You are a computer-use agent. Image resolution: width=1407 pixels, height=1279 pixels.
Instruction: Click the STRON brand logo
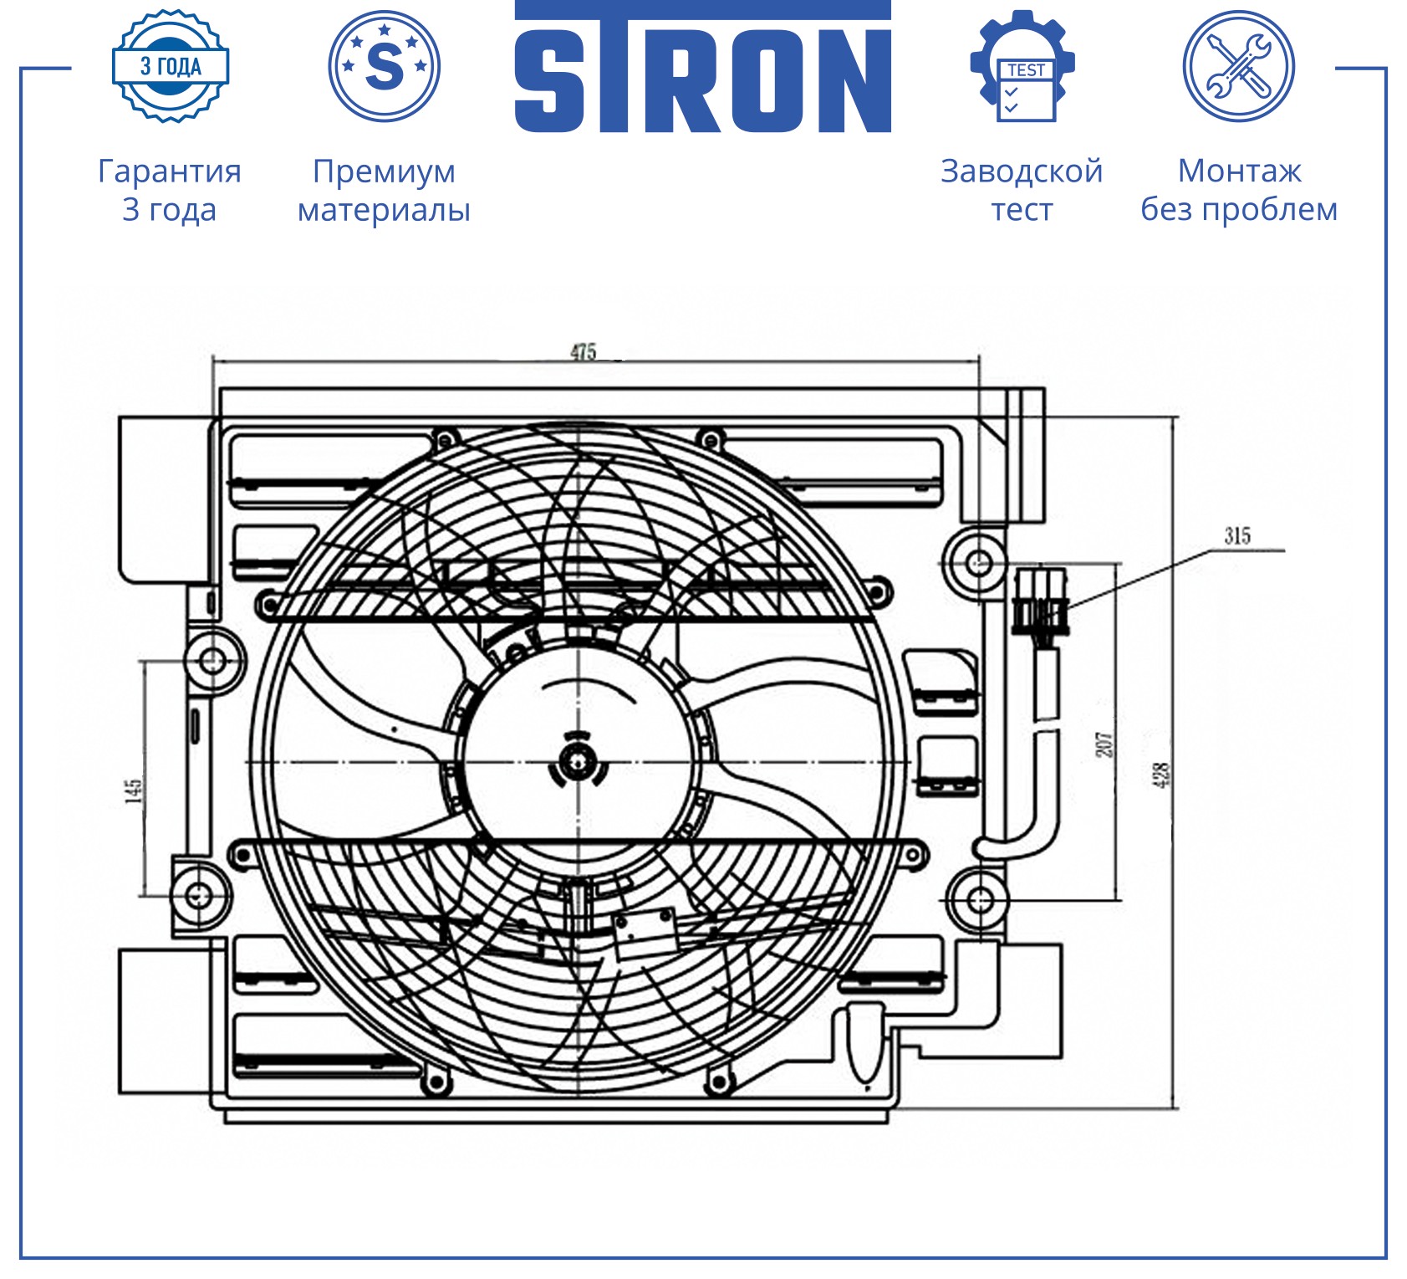pyautogui.click(x=702, y=67)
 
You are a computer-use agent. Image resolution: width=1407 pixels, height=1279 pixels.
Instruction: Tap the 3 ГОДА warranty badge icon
pyautogui.click(x=171, y=66)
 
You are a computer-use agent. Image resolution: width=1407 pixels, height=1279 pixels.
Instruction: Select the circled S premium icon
pyautogui.click(x=385, y=66)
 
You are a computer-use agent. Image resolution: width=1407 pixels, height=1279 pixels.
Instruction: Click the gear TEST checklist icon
pyautogui.click(x=1022, y=66)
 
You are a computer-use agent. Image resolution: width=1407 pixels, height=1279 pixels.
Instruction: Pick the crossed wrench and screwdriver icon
pyautogui.click(x=1239, y=66)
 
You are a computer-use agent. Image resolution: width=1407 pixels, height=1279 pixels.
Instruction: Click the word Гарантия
pyautogui.click(x=170, y=171)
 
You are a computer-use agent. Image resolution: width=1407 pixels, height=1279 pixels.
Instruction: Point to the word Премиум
pyautogui.click(x=385, y=171)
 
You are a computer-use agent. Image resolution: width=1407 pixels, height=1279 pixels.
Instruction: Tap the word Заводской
pyautogui.click(x=1022, y=171)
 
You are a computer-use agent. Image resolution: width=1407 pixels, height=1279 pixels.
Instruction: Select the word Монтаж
pyautogui.click(x=1240, y=171)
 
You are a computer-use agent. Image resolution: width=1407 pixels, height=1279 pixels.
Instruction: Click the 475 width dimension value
pyautogui.click(x=583, y=351)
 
